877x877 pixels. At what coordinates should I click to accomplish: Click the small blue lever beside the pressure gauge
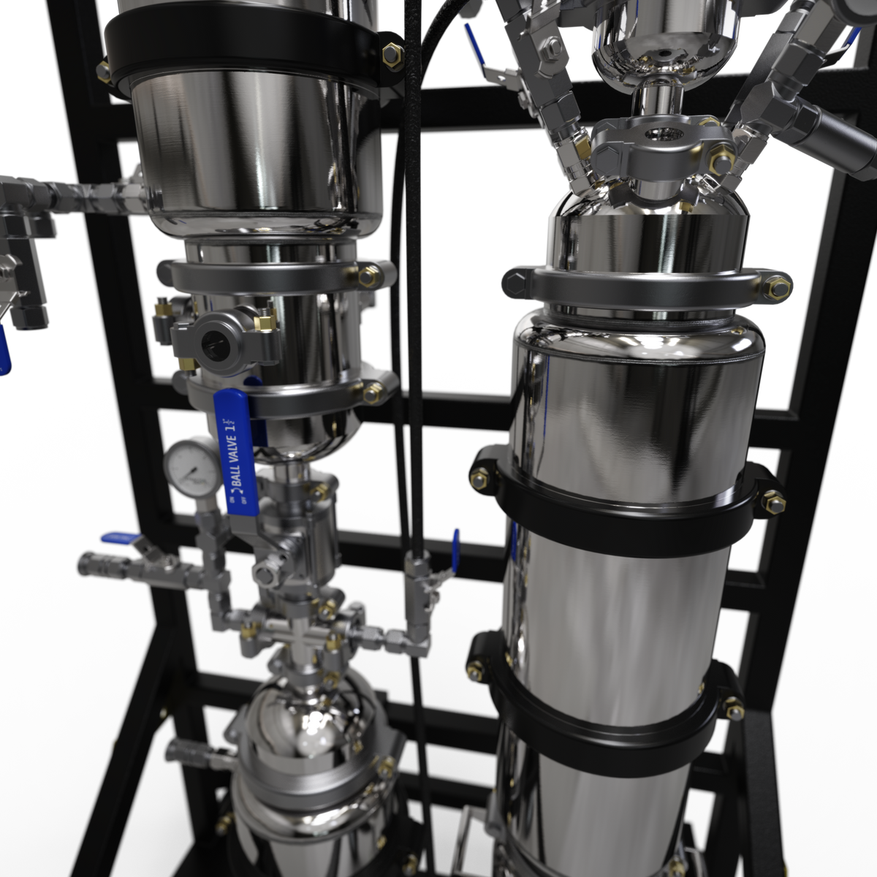[x=116, y=538]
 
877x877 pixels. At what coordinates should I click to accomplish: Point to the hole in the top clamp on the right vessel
[x=661, y=137]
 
